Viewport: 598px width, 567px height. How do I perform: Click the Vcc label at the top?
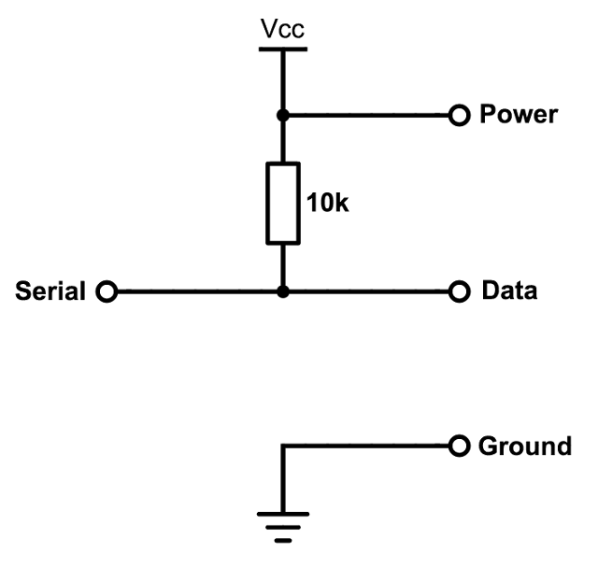pos(282,31)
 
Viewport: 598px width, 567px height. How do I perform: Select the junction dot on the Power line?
pos(282,116)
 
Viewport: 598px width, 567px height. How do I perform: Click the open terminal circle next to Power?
pos(458,116)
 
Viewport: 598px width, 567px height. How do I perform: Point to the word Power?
pos(518,115)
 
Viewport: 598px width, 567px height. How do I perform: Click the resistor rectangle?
pos(282,203)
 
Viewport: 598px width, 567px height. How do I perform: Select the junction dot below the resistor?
pos(282,291)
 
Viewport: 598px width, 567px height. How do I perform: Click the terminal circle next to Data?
pos(458,291)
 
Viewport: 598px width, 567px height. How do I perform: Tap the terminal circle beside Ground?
pos(458,447)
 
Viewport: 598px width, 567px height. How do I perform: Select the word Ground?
pos(524,447)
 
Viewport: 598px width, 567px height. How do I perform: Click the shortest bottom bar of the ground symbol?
pos(282,540)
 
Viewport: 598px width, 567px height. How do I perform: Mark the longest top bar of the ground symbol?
pos(282,515)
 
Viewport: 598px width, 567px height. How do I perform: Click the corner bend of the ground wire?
pos(282,447)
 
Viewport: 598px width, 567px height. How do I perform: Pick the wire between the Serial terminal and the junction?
pos(196,291)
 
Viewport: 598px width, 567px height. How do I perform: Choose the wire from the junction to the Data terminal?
pos(369,291)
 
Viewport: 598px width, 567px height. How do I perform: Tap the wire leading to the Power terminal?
pos(369,116)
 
